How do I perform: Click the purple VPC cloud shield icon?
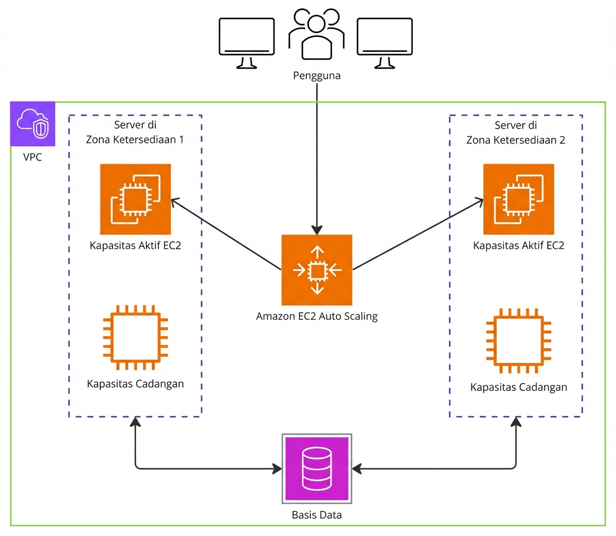[x=33, y=124]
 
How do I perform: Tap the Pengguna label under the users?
[x=317, y=75]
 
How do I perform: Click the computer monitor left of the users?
[x=247, y=42]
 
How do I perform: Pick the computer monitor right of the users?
[x=384, y=42]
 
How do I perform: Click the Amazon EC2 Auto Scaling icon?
[x=317, y=270]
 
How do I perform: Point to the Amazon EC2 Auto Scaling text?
[x=317, y=317]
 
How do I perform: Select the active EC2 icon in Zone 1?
[x=135, y=199]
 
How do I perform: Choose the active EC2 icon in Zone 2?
[x=518, y=199]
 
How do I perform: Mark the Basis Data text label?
[x=317, y=514]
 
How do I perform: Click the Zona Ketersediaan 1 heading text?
[x=135, y=140]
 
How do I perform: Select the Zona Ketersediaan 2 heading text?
[x=516, y=140]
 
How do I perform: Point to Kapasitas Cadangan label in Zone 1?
[x=135, y=384]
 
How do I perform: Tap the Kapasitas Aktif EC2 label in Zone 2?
[x=518, y=246]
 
